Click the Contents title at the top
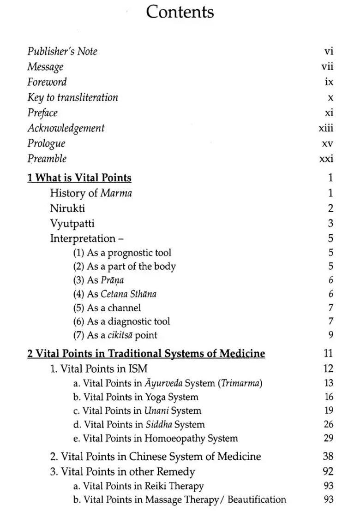coord(180,12)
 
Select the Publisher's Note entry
coord(62,52)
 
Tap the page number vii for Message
coord(327,67)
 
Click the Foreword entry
coord(47,82)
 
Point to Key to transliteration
coord(72,97)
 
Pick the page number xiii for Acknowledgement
coord(326,128)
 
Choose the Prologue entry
coord(46,143)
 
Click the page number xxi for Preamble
coord(326,159)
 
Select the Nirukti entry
coord(67,208)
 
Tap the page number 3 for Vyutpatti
coord(330,224)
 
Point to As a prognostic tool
coord(122,253)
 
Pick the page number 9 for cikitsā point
coord(330,335)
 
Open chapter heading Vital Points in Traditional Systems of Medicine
coord(146,354)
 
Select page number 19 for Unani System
coord(328,410)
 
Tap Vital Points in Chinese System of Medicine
coord(156,457)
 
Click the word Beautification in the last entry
coord(257,499)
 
